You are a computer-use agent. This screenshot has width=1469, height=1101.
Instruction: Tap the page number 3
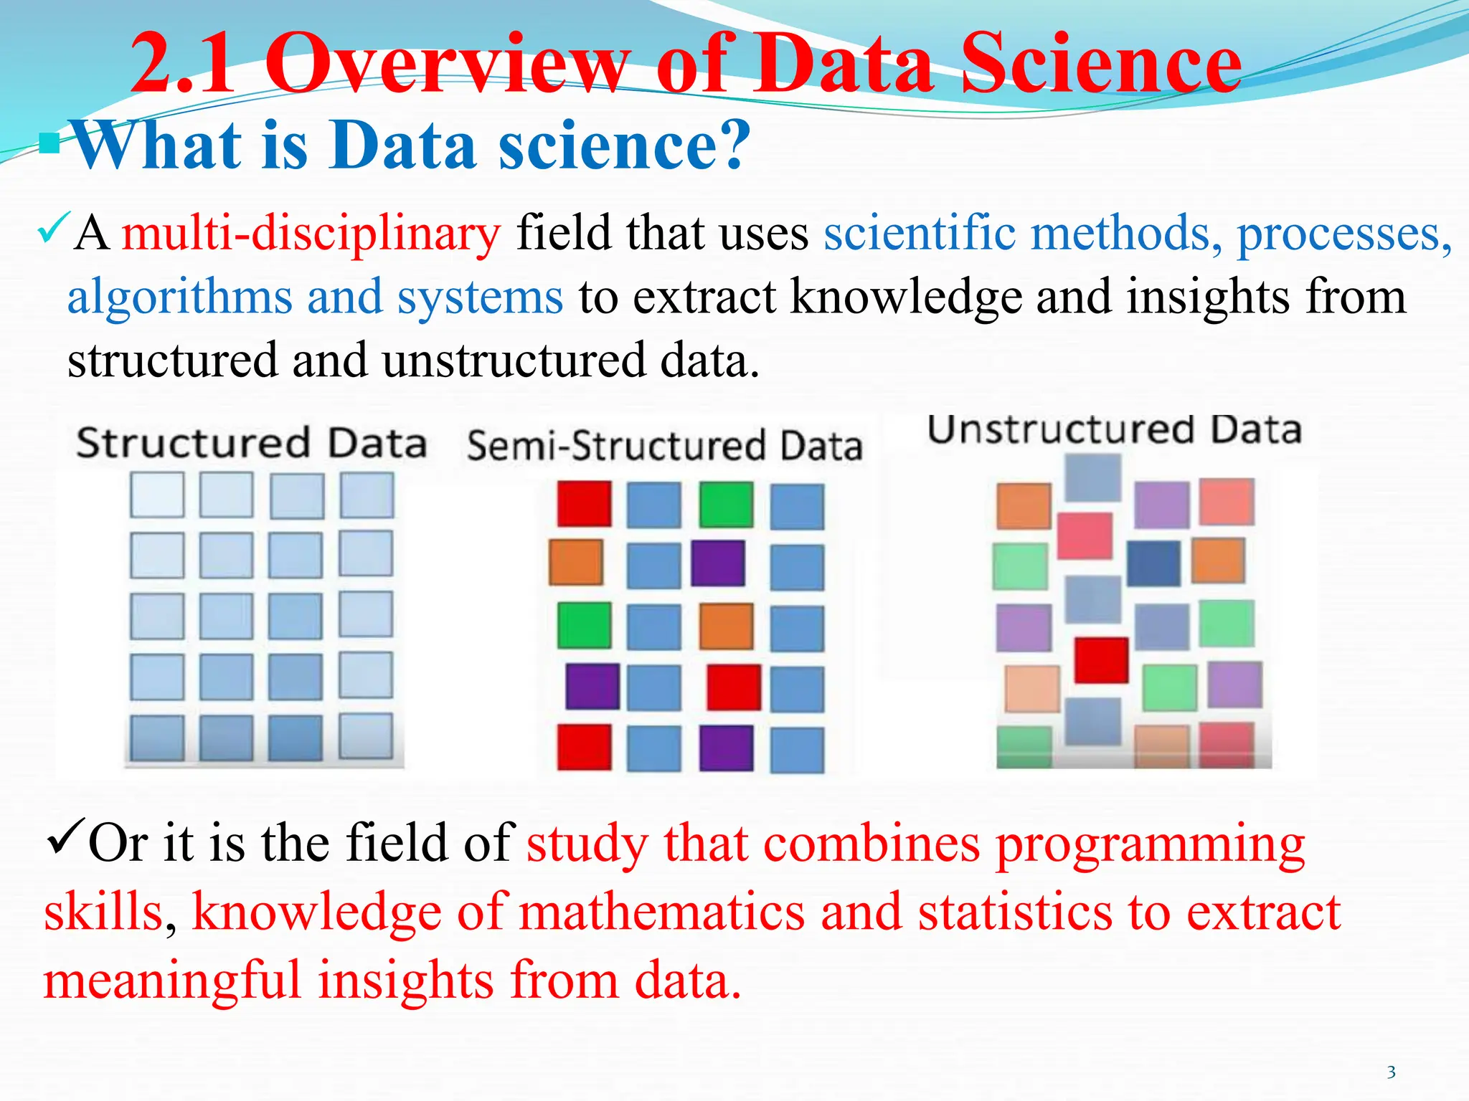point(1391,1072)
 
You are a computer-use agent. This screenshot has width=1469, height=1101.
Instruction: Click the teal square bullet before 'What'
point(50,143)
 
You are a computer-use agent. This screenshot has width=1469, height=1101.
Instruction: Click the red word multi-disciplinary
point(311,234)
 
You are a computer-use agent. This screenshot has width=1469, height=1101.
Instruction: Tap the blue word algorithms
point(179,297)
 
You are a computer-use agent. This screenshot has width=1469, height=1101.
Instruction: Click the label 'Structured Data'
point(251,442)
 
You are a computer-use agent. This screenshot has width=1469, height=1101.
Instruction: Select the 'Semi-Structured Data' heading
point(664,445)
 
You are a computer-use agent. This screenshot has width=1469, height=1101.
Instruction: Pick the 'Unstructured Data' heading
point(1114,430)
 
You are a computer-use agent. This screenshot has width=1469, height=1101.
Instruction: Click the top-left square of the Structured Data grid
point(157,495)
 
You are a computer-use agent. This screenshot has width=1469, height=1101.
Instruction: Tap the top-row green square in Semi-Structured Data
point(726,505)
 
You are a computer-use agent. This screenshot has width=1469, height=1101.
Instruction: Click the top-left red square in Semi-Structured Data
point(585,504)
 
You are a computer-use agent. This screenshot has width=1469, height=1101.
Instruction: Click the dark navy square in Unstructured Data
point(1153,563)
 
